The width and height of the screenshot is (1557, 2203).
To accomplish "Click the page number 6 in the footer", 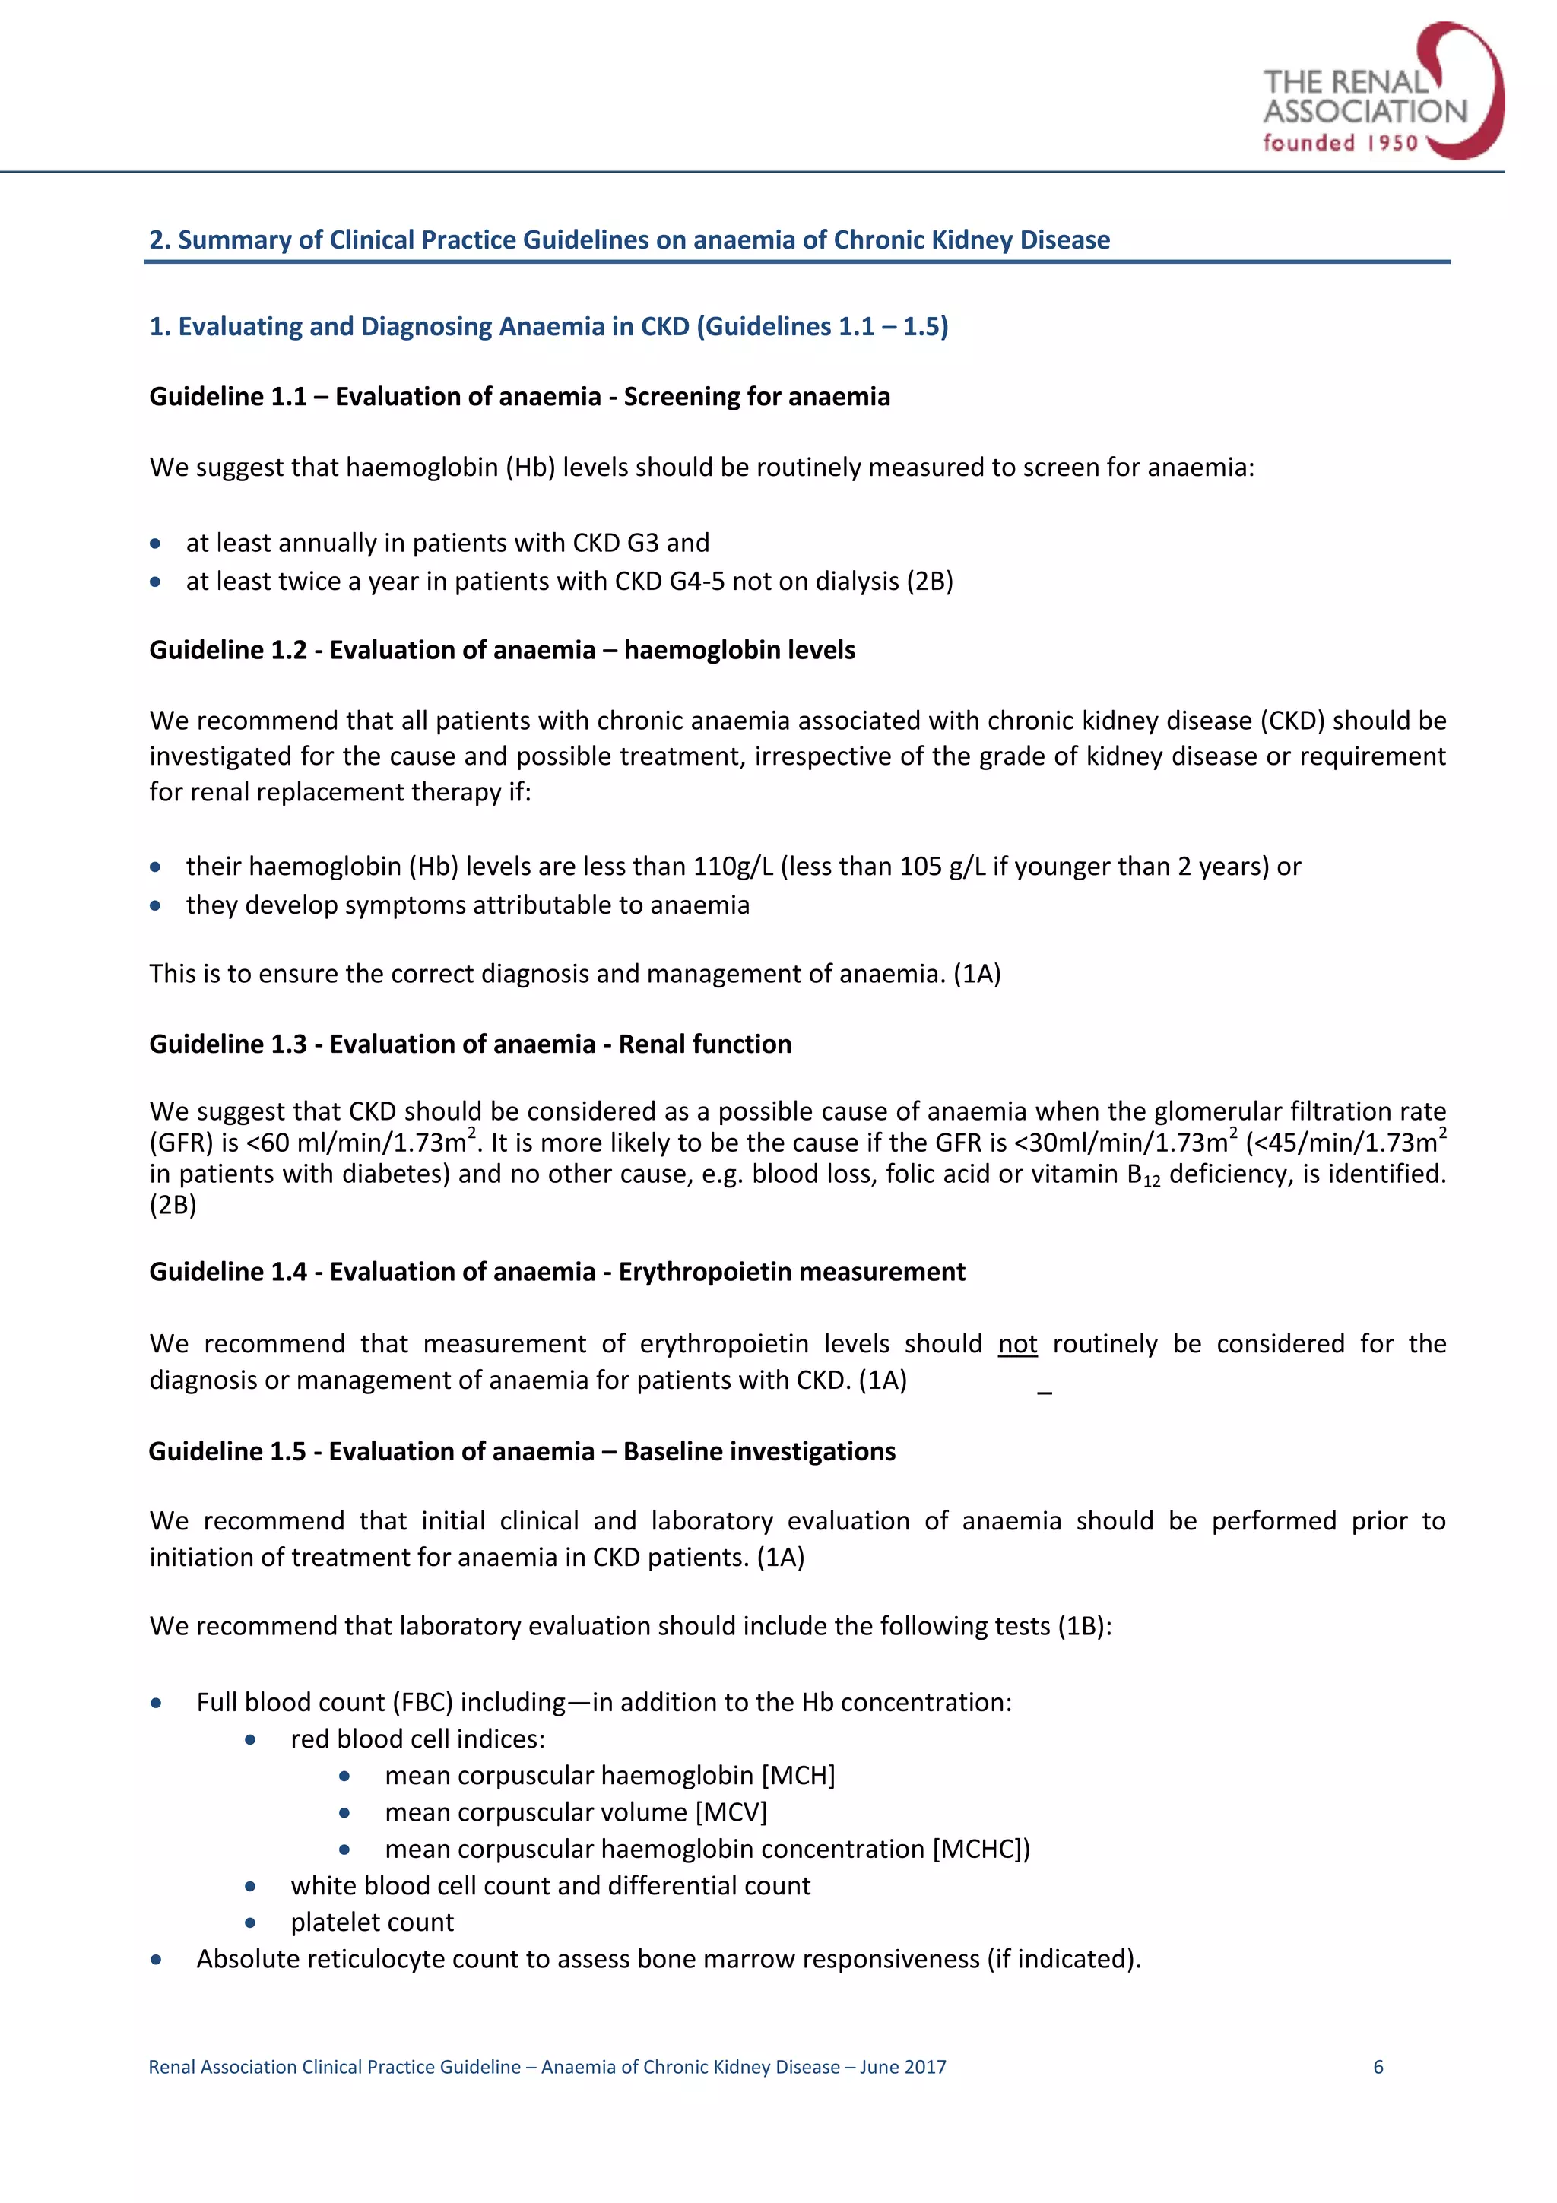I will pos(1378,2067).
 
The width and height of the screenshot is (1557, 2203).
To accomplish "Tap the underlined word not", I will pos(1017,1343).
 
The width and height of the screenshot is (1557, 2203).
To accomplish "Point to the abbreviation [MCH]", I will pos(798,1775).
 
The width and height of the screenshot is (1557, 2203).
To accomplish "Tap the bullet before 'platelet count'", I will pos(250,1922).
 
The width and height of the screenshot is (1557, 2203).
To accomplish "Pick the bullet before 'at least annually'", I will pos(155,544).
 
